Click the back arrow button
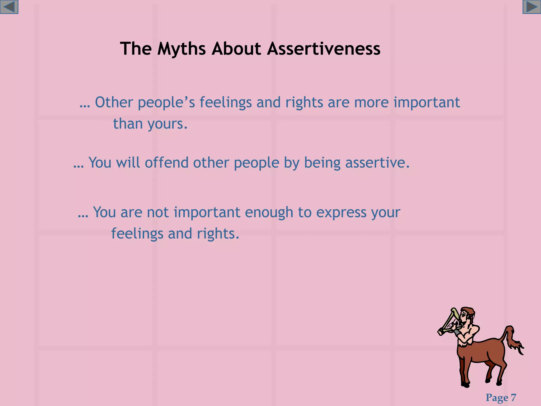[9, 7]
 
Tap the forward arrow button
[531, 7]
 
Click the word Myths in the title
[181, 49]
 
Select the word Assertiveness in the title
[324, 49]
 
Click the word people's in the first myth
[166, 103]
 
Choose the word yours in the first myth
[167, 124]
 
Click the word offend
[167, 162]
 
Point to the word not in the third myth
[158, 212]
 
